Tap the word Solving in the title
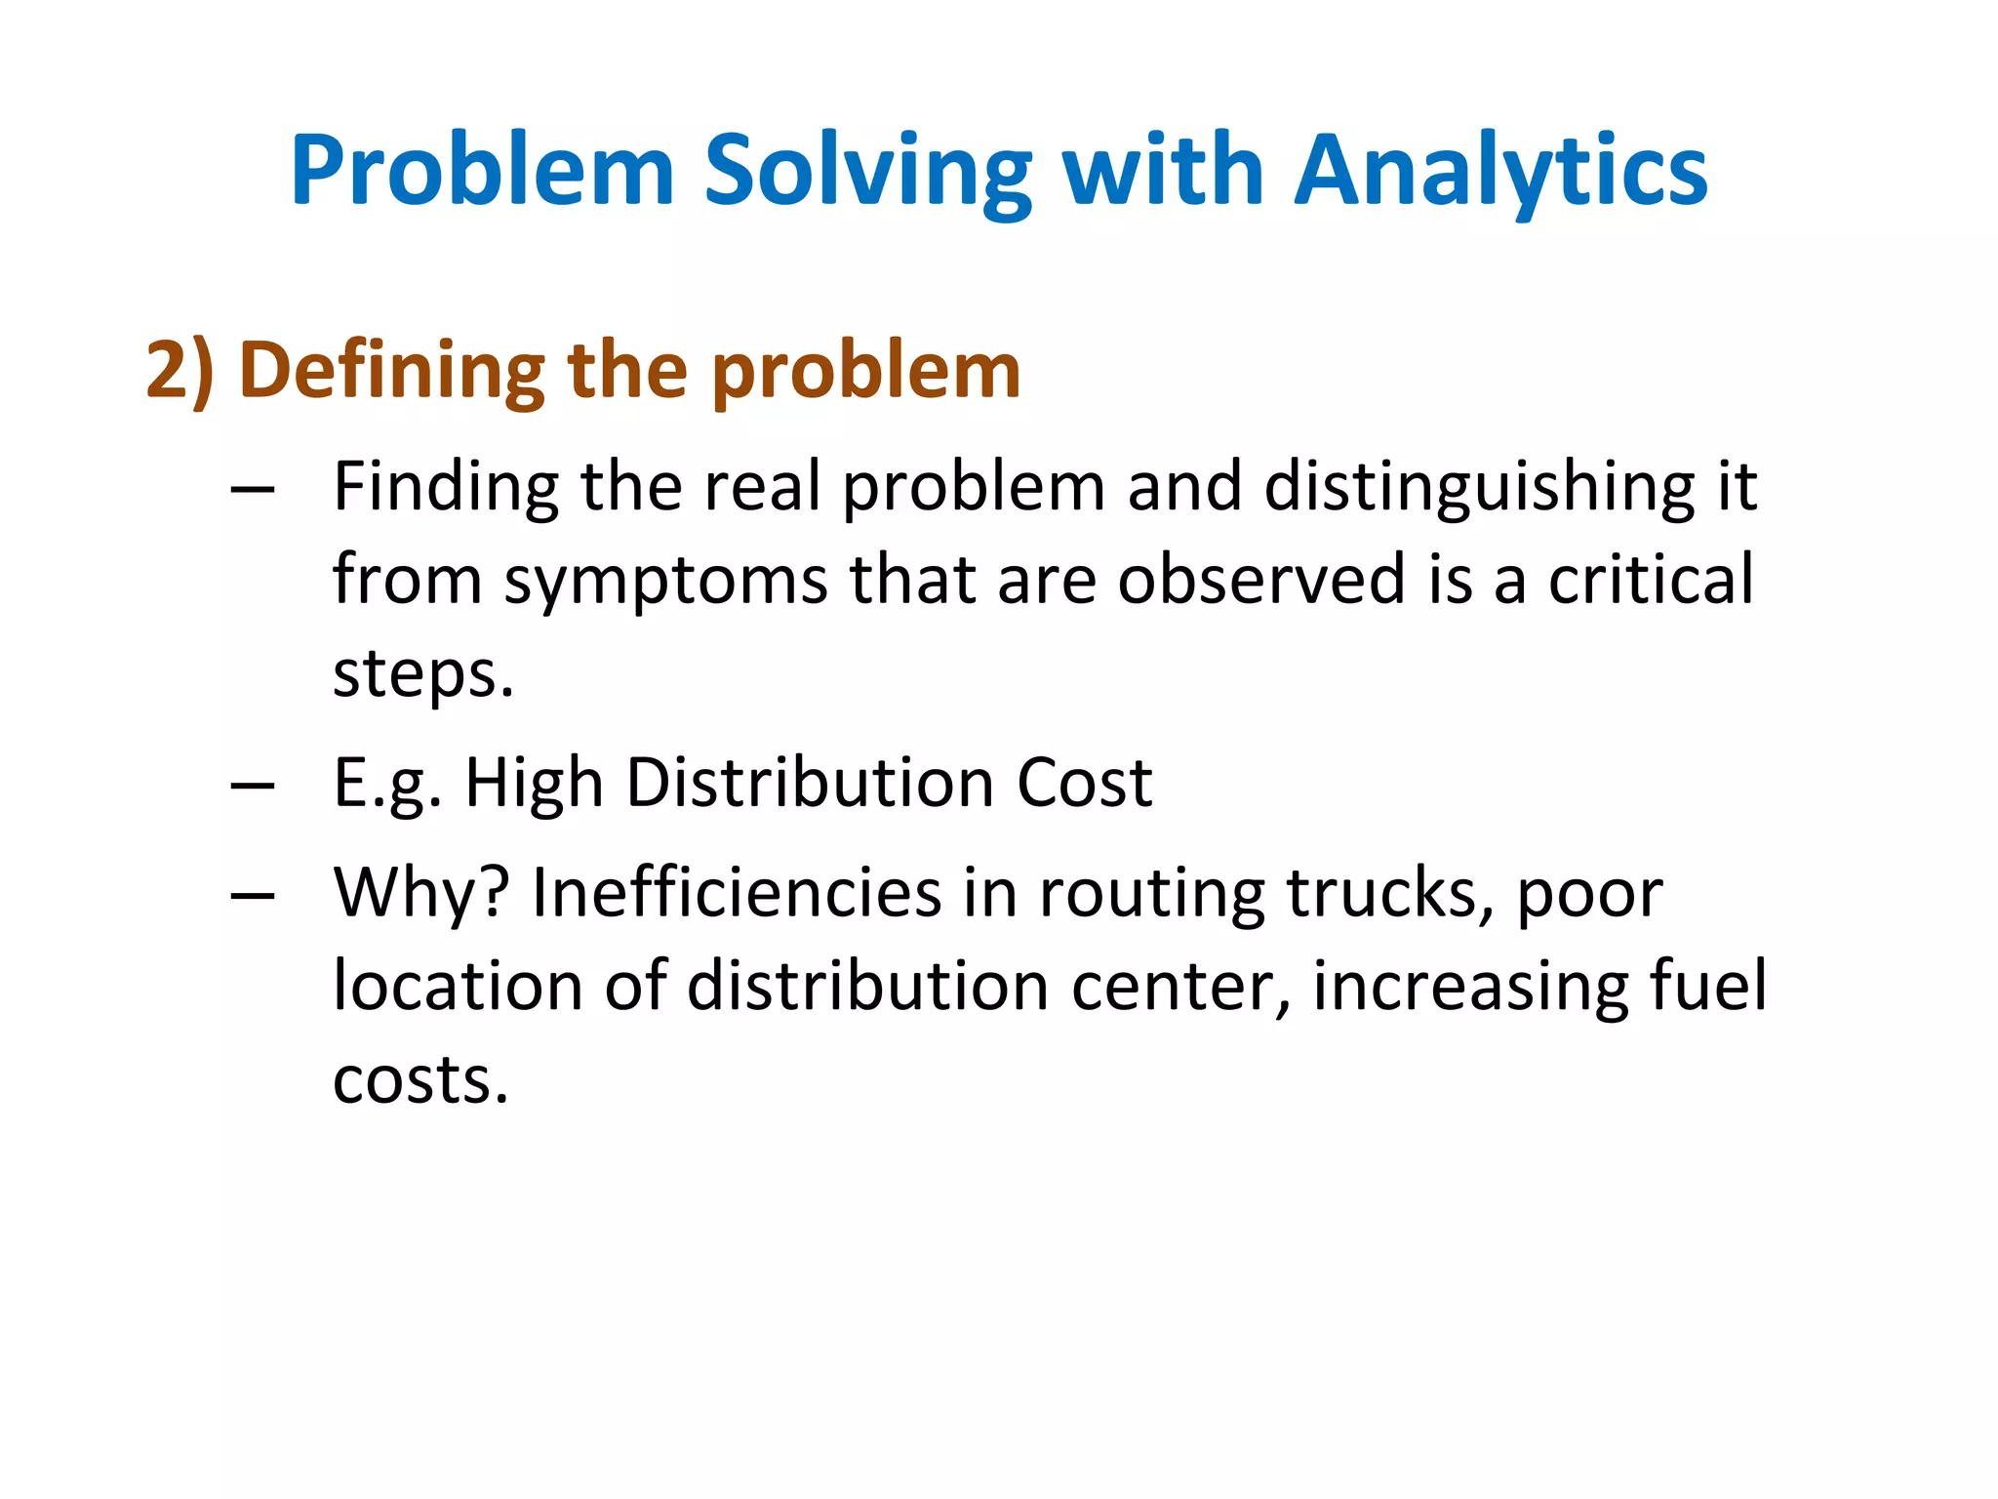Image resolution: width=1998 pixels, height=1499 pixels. pyautogui.click(x=867, y=172)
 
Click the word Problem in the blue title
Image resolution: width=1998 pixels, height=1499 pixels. pyautogui.click(x=483, y=172)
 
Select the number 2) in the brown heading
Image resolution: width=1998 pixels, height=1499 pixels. pyautogui.click(x=180, y=371)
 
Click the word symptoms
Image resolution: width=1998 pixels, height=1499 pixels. pyautogui.click(x=665, y=581)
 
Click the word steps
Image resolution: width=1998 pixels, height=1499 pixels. pyautogui.click(x=421, y=674)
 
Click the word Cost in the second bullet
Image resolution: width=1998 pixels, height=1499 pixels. pyautogui.click(x=1084, y=784)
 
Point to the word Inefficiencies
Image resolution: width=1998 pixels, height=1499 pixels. pyautogui.click(x=737, y=893)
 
